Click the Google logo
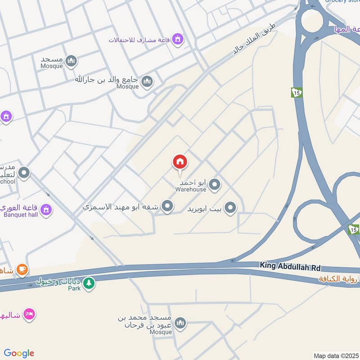(x=19, y=353)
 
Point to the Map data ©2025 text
(x=336, y=355)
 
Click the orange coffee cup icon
(x=21, y=270)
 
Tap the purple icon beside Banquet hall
(x=45, y=209)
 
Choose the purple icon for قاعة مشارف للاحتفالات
(x=178, y=39)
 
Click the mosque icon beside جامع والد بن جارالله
(x=147, y=81)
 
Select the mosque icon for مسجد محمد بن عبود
(x=180, y=324)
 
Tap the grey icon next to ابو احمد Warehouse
(x=215, y=184)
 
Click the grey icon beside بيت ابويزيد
(x=230, y=208)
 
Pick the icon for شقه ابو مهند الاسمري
(x=167, y=207)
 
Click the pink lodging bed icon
(x=29, y=314)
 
